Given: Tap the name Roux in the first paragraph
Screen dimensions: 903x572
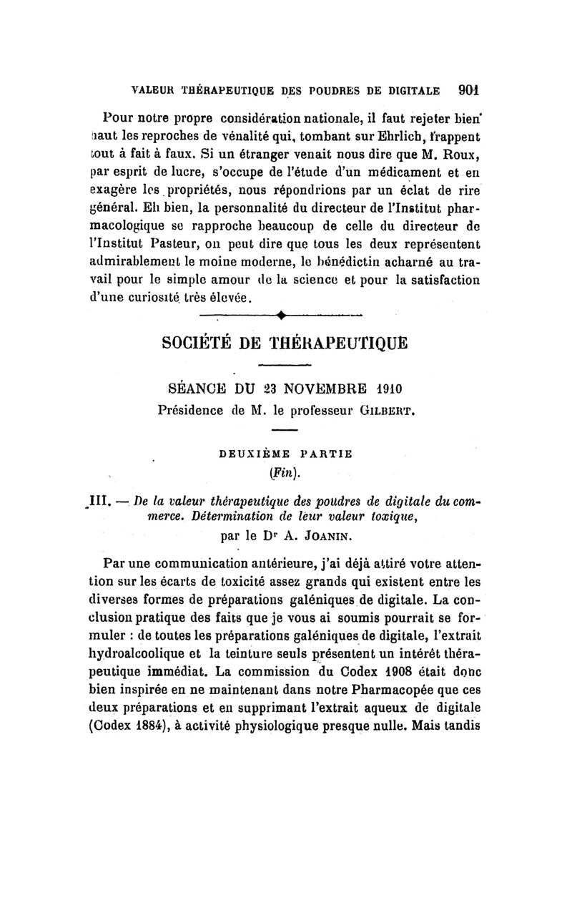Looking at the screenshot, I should (457, 152).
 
